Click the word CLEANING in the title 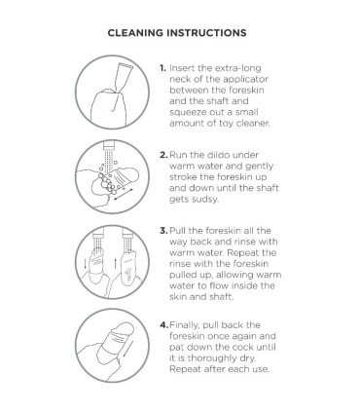(x=135, y=33)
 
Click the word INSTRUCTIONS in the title (x=206, y=33)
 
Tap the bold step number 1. (x=162, y=68)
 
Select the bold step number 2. (x=163, y=155)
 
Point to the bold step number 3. (x=163, y=231)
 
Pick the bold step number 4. (x=163, y=325)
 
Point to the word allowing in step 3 (x=234, y=275)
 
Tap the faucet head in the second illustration (x=109, y=145)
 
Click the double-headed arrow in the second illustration (x=123, y=195)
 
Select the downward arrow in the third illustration (x=85, y=263)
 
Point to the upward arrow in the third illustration (x=115, y=263)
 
